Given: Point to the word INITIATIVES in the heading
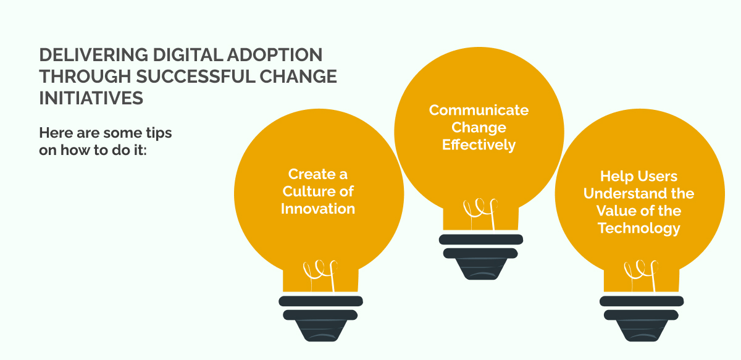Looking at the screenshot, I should (91, 98).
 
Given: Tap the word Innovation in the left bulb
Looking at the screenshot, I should (318, 208).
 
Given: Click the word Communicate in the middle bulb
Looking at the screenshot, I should (479, 110).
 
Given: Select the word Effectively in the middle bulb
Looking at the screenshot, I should (479, 145).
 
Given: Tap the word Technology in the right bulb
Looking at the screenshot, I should (639, 228).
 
